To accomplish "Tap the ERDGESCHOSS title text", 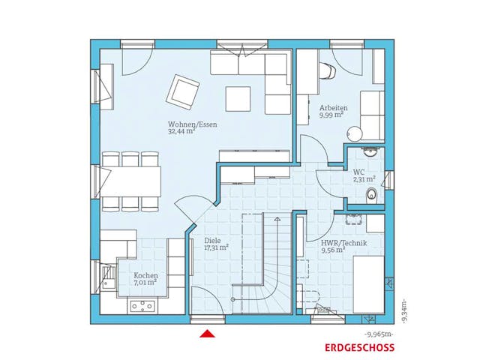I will click(358, 348).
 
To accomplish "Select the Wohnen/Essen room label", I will click(192, 124).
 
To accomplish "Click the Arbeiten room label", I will click(331, 108).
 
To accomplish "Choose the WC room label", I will click(359, 172).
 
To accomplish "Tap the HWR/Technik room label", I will click(332, 244).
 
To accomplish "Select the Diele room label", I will click(212, 241).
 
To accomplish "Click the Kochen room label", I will click(145, 275).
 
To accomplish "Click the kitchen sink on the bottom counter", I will click(142, 306).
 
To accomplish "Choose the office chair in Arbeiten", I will click(327, 71).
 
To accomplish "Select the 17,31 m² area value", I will click(217, 248).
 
